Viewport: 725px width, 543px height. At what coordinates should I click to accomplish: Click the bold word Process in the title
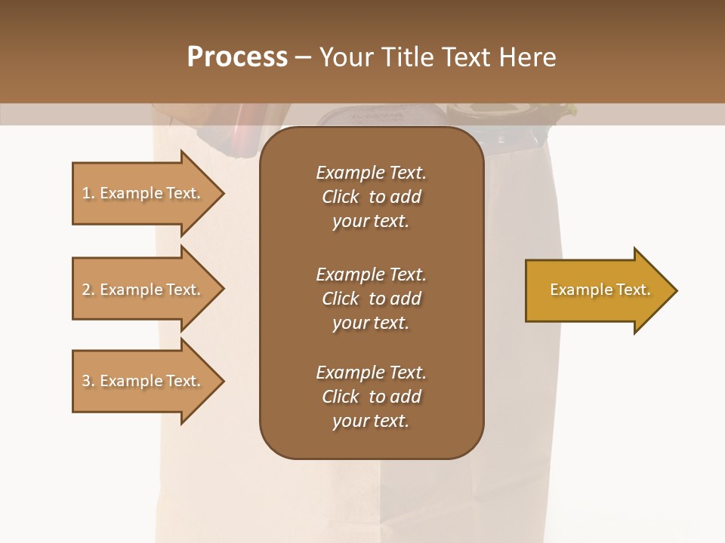pos(237,57)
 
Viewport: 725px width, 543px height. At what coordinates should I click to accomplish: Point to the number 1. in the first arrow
pos(88,194)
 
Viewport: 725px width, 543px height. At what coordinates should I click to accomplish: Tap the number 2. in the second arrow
pos(88,290)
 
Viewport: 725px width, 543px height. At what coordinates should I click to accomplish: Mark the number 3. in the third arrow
pos(88,381)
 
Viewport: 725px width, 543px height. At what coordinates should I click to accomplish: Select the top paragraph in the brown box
pos(371,197)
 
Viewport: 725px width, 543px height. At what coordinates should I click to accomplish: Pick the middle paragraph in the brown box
pos(371,298)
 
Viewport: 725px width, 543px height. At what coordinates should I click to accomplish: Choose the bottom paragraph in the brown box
pos(371,397)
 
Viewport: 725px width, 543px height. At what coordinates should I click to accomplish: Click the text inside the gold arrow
pos(600,290)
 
